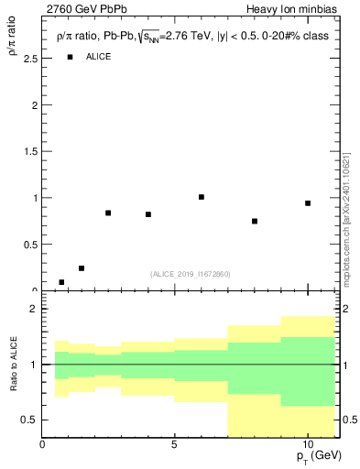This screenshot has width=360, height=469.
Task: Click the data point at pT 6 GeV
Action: (202, 197)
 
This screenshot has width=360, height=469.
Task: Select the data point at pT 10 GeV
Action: (308, 203)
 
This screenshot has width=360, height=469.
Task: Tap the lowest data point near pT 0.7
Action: (61, 282)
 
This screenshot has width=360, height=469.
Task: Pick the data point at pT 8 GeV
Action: (255, 221)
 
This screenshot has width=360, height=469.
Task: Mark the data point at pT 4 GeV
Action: (148, 214)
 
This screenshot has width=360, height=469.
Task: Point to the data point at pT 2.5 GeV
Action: (108, 213)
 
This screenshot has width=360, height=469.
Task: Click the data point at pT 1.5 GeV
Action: (82, 268)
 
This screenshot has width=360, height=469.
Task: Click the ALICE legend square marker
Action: (70, 57)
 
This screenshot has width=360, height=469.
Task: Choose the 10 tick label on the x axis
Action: (308, 444)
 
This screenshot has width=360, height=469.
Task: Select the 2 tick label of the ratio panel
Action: (33, 310)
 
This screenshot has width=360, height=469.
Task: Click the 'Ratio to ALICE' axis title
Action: (13, 365)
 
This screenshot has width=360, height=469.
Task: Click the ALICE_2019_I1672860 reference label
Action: (191, 274)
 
